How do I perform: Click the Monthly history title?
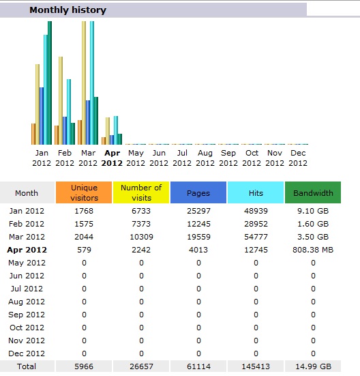[x=67, y=10]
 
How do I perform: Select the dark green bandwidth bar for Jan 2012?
[x=50, y=83]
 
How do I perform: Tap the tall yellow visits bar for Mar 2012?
[x=84, y=83]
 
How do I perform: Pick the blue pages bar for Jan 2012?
[x=42, y=116]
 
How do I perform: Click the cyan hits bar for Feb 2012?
[x=69, y=112]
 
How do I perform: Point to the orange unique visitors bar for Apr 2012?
[x=104, y=141]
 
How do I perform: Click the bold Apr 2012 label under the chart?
[x=112, y=158]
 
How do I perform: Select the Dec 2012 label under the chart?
[x=298, y=158]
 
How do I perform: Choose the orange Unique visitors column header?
[x=84, y=192]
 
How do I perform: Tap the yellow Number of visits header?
[x=141, y=192]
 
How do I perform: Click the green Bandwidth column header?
[x=313, y=192]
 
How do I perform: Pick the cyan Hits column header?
[x=256, y=192]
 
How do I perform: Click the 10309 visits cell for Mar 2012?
[x=141, y=237]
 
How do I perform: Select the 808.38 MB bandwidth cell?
[x=313, y=250]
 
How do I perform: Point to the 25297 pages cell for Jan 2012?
[x=198, y=211]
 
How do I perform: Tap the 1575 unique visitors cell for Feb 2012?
[x=84, y=224]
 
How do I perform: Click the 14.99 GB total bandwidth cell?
[x=313, y=366]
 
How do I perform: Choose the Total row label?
[x=27, y=366]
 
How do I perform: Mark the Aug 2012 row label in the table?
[x=27, y=302]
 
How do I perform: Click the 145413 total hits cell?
[x=256, y=366]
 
